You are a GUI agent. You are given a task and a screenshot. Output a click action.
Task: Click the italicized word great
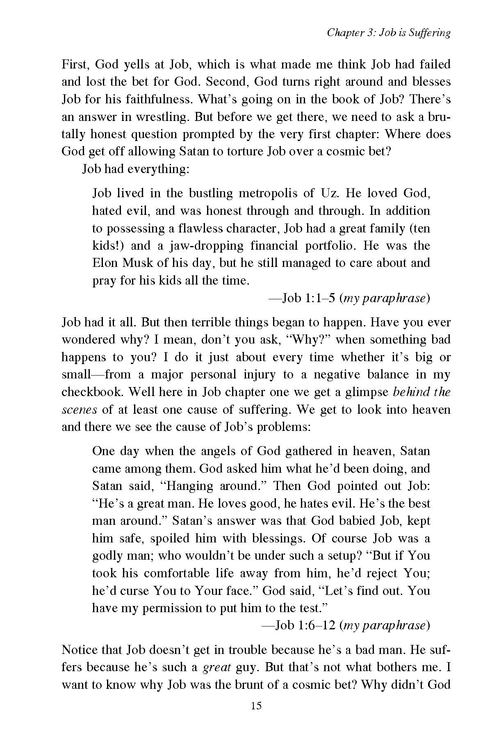[x=216, y=668]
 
